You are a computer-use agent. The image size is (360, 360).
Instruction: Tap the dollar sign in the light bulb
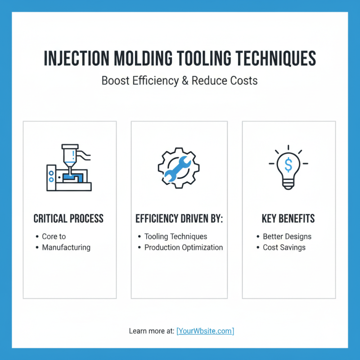(288, 165)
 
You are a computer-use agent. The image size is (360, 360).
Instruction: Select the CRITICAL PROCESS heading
(69, 219)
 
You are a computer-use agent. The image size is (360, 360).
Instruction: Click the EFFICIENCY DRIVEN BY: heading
(179, 219)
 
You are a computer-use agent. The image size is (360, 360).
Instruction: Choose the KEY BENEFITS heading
(288, 219)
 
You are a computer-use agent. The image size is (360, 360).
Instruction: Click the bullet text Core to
(54, 236)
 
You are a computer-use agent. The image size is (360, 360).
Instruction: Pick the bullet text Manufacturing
(66, 247)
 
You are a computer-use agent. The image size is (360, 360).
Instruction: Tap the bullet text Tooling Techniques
(175, 236)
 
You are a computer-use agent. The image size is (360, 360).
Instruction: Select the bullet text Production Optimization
(183, 247)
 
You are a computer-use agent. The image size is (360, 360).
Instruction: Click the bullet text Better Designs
(287, 236)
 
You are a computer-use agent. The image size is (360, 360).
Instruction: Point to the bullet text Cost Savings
(284, 247)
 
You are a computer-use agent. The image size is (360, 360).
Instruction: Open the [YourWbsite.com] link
(205, 331)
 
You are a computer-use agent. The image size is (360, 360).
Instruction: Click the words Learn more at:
(152, 331)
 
